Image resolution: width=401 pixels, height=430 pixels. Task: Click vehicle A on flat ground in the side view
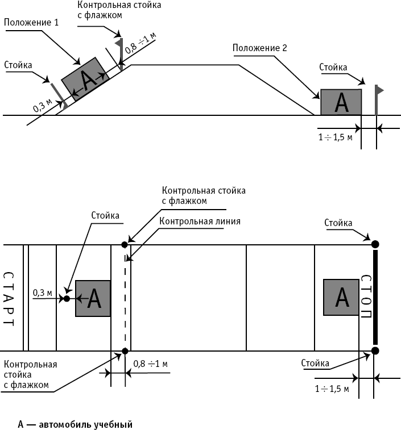341,102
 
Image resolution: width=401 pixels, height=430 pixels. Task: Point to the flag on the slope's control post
119,42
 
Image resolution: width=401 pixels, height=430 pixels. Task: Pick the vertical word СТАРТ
8,298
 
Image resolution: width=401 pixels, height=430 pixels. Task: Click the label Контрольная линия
200,221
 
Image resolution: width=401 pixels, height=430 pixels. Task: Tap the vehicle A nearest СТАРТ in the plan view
93,298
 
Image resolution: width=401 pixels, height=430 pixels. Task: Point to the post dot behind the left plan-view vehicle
67,298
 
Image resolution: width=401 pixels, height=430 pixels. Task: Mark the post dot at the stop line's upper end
375,244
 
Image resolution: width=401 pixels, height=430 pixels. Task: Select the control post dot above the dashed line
125,244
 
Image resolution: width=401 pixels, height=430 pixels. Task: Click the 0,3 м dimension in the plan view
43,293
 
